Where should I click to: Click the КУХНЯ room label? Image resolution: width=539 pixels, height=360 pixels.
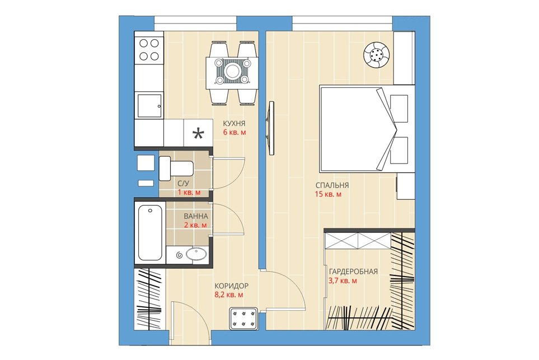[x=234, y=123]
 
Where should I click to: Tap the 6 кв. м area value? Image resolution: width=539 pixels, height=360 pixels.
[x=235, y=132]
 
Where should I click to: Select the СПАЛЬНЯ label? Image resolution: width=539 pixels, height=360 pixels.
[x=332, y=185]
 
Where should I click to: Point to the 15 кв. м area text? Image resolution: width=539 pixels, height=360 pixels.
[x=329, y=195]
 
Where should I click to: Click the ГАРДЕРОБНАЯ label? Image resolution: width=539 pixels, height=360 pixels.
[x=353, y=272]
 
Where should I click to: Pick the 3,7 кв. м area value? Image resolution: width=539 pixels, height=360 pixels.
[x=343, y=281]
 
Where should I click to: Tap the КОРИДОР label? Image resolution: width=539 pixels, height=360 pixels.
[x=231, y=286]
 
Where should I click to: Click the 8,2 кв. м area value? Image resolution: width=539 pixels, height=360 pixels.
[x=229, y=295]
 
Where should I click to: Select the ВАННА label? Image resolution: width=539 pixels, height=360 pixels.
[x=196, y=217]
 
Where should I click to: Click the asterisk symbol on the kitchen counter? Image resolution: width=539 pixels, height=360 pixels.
[x=198, y=134]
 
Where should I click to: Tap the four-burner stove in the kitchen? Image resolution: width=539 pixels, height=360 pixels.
[x=149, y=49]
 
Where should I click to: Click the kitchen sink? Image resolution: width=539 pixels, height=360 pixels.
[x=149, y=106]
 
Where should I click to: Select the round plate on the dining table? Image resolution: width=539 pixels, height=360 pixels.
[x=232, y=72]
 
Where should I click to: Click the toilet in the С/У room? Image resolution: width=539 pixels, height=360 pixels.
[x=176, y=168]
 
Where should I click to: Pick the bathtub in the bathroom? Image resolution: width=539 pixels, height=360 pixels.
[x=150, y=233]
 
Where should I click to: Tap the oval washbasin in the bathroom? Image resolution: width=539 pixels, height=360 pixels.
[x=196, y=254]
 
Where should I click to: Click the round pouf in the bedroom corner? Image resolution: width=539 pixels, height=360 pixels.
[x=377, y=54]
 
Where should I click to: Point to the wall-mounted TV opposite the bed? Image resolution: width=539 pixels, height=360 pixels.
[x=270, y=127]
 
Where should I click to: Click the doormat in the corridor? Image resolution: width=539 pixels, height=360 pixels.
[x=243, y=317]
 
